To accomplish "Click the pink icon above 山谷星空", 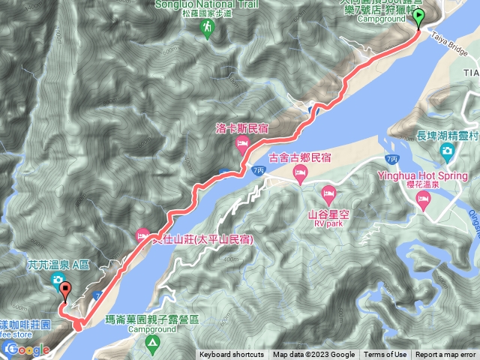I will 328,196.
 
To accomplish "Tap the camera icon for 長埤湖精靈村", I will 448,150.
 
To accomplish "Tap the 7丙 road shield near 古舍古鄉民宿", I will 259,172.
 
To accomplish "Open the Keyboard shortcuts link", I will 232,355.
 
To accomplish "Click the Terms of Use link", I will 385,355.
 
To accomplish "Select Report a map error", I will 445,355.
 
